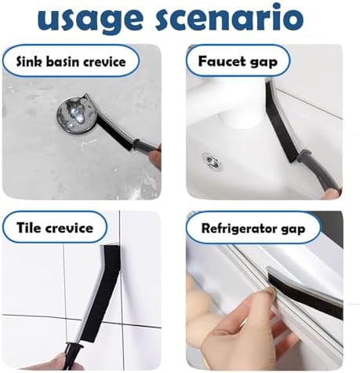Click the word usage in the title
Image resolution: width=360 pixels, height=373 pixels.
point(90,20)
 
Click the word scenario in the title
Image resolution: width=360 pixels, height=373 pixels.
point(230,17)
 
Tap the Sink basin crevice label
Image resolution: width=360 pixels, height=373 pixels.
point(71,62)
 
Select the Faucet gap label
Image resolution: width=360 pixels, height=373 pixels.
point(238,62)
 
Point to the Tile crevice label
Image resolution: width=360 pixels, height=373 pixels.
point(55,228)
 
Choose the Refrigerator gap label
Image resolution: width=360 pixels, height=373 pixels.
point(253,229)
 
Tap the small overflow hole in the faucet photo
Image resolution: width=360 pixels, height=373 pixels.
point(211,160)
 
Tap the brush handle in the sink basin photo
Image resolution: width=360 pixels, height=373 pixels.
point(147,148)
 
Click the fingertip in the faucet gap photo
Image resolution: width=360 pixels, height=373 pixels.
point(331,194)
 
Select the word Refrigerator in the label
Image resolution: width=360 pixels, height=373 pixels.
point(238,229)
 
